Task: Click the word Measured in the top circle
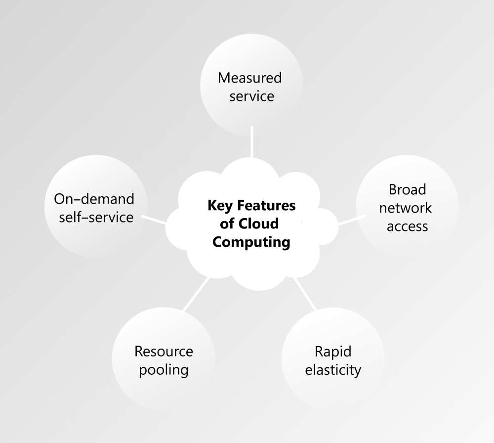(249, 78)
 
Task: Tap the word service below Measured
(251, 95)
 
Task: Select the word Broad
(407, 189)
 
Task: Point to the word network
(405, 208)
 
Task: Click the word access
(407, 226)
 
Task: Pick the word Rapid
(333, 352)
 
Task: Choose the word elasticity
(333, 370)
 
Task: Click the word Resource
(164, 352)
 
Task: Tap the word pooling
(164, 370)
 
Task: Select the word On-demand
(94, 199)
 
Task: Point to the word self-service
(96, 217)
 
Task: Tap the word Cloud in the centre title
(258, 223)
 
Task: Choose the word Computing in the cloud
(251, 242)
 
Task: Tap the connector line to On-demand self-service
(155, 220)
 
